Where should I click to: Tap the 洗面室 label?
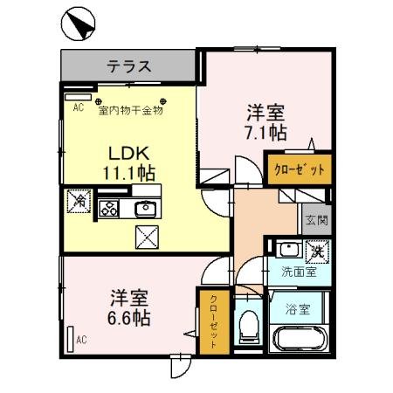(298, 272)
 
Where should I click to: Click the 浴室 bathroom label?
(299, 308)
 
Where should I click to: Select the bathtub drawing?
(298, 339)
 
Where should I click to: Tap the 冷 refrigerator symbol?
(78, 200)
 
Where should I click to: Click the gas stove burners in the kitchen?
(110, 208)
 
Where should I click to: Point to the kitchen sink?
(144, 208)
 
